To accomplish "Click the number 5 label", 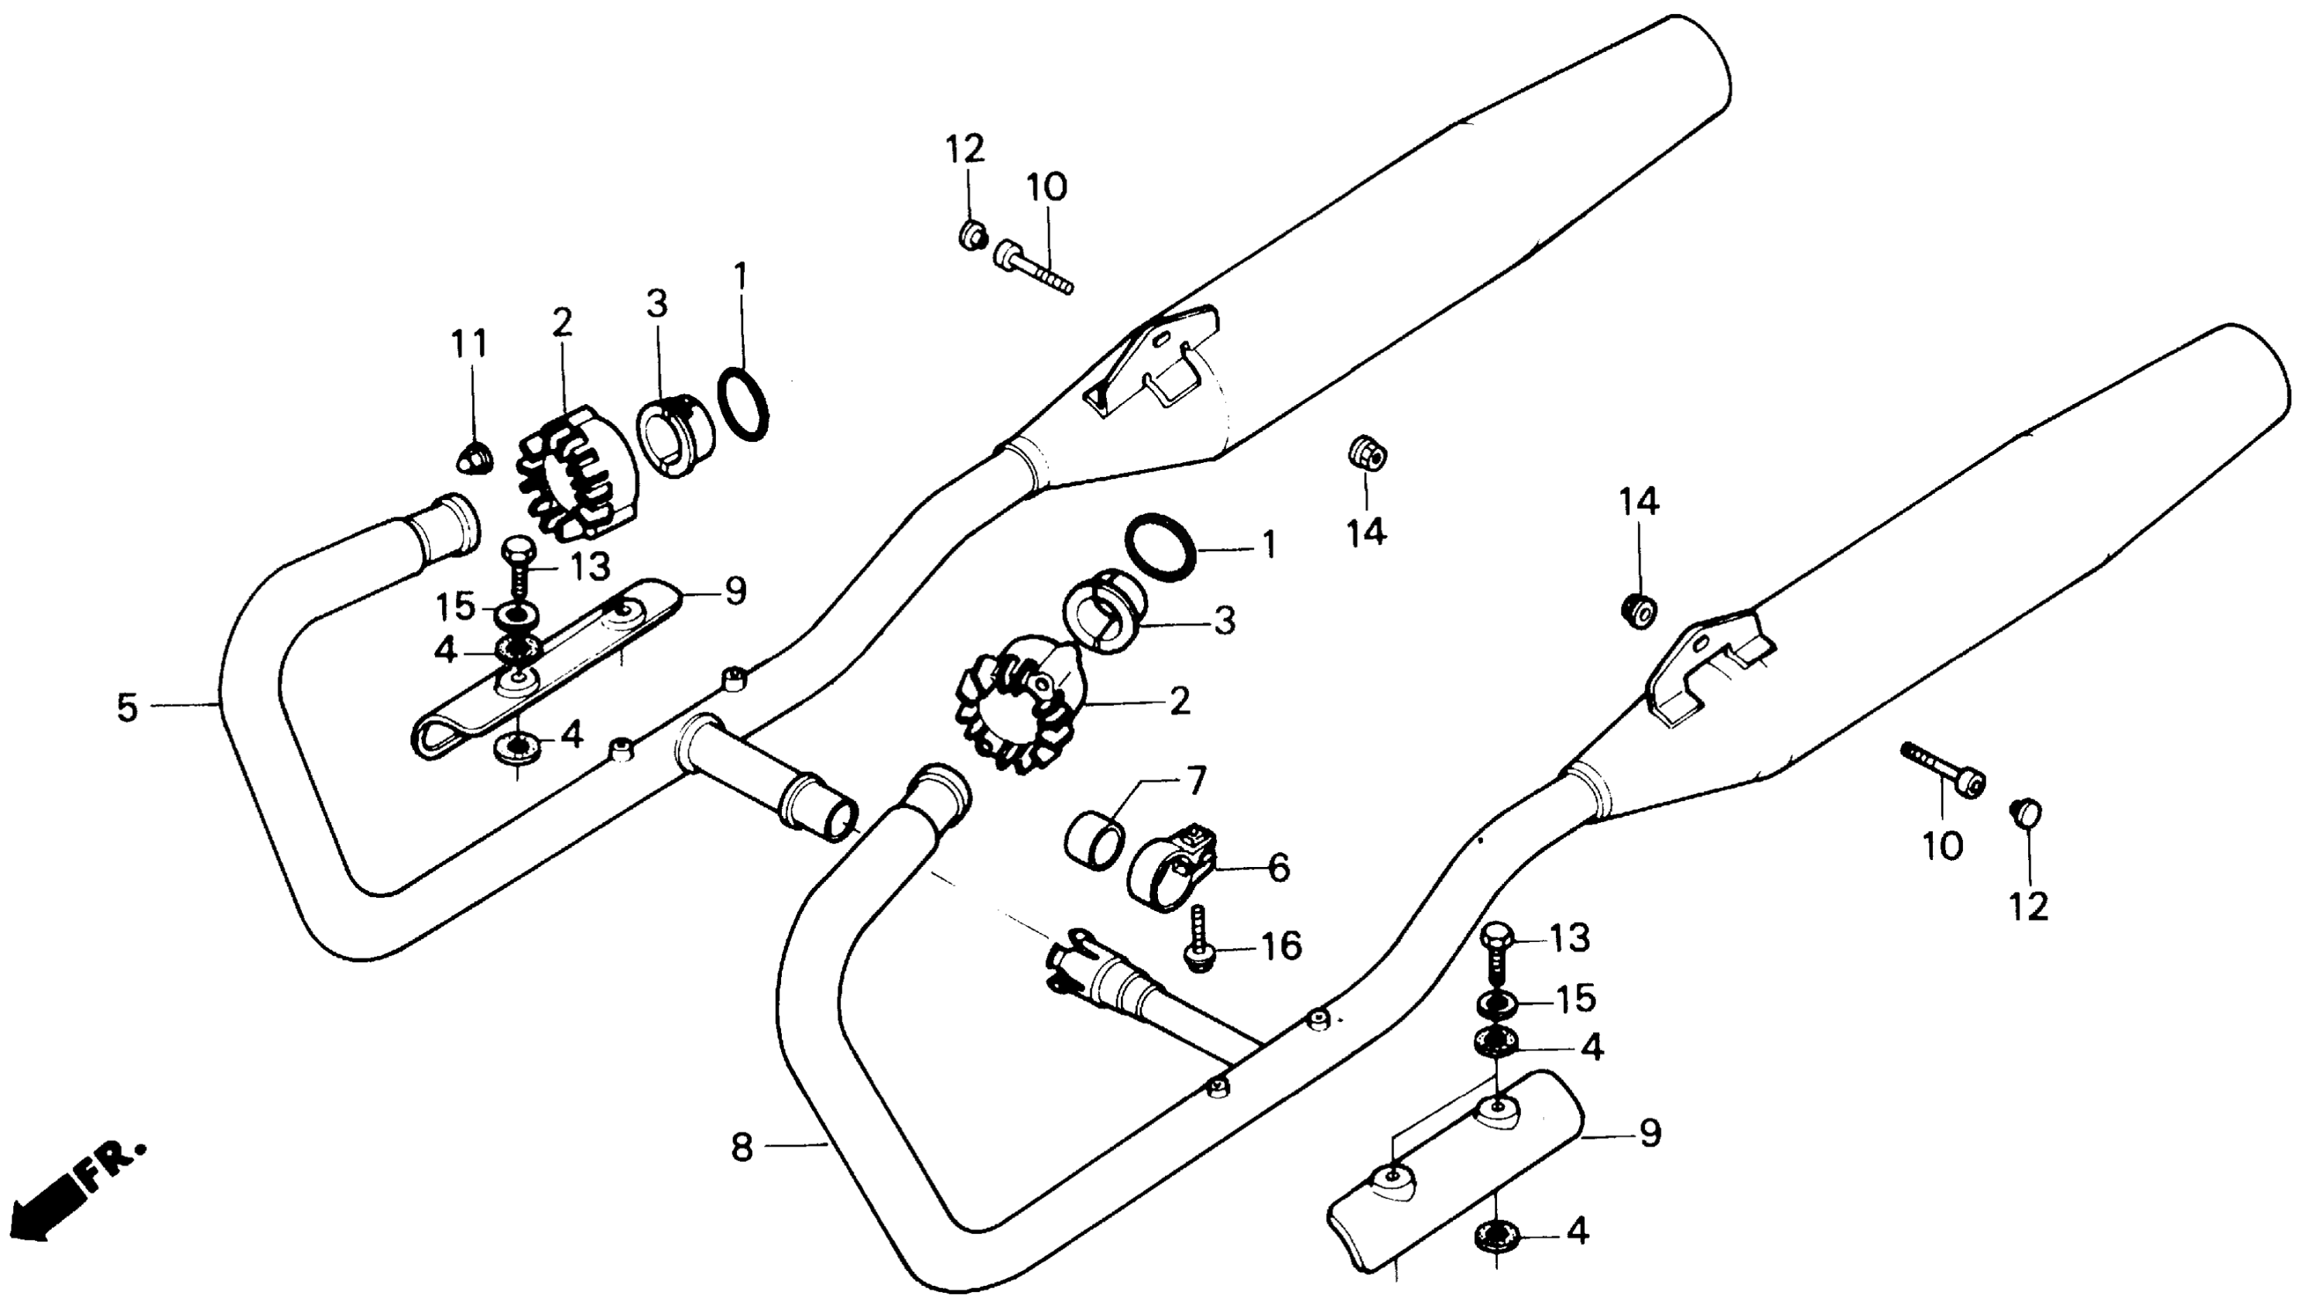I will click(128, 708).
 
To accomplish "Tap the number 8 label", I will click(741, 1149).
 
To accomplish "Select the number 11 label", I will click(469, 344).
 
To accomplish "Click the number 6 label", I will click(1279, 868).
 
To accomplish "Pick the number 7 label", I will click(1194, 780).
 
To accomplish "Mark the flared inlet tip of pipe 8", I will click(940, 788).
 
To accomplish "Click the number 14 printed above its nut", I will click(1638, 502).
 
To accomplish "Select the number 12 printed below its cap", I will click(2030, 906).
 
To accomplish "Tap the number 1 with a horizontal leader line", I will click(1269, 544).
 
